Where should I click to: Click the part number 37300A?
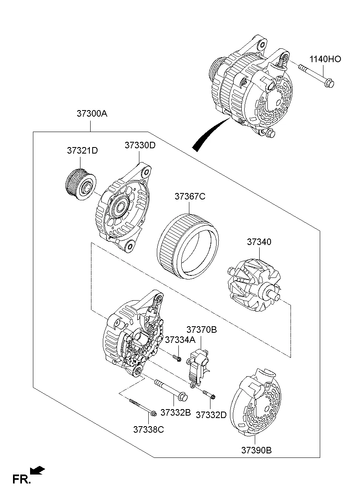click(x=92, y=114)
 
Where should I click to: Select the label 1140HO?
click(x=325, y=59)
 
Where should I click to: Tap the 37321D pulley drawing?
click(x=80, y=185)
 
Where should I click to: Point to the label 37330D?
click(x=140, y=145)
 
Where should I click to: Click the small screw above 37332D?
click(x=210, y=394)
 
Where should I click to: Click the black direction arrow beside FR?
click(x=38, y=471)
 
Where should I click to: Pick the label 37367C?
click(x=190, y=197)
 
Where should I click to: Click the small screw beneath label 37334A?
click(x=176, y=358)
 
